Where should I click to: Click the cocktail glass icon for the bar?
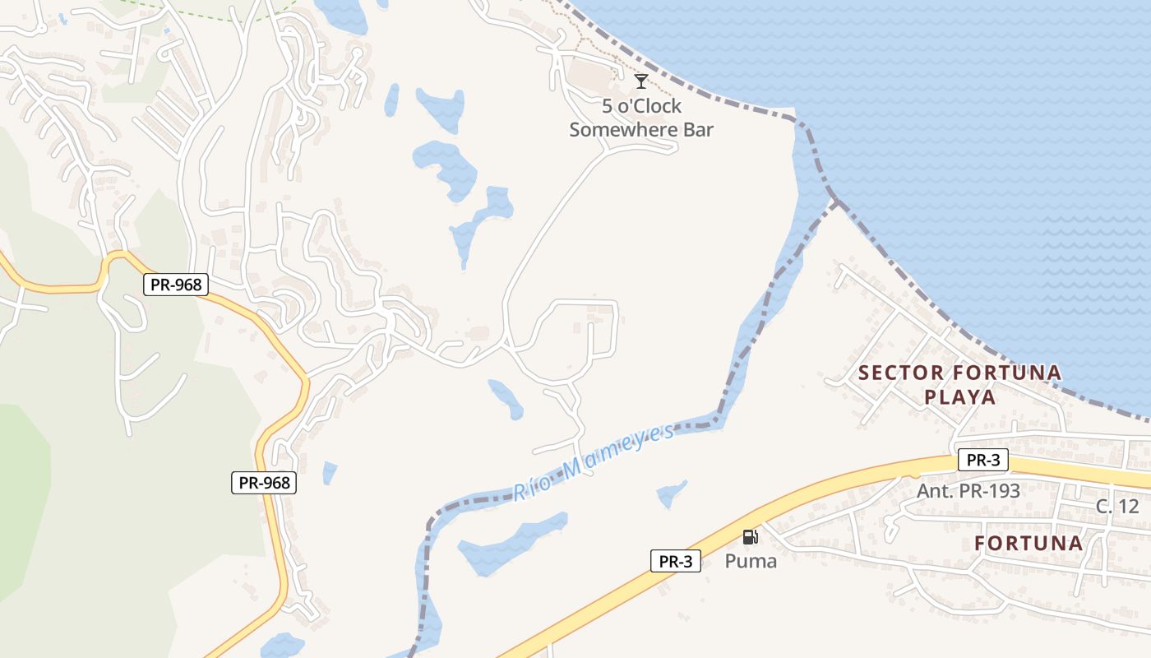click(641, 81)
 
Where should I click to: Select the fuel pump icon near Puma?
click(750, 537)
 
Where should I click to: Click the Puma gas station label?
click(750, 561)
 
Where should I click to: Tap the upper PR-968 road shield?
click(176, 285)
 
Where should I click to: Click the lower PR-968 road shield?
click(263, 483)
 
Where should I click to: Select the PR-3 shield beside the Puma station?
click(676, 561)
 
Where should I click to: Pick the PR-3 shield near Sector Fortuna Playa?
click(982, 460)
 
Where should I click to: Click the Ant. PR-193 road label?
click(968, 491)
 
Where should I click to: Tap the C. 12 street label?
click(1117, 506)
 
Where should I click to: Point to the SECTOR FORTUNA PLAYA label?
click(959, 385)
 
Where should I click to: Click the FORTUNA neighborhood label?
click(1029, 543)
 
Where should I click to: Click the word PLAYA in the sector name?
click(959, 397)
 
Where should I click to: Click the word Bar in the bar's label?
click(699, 129)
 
